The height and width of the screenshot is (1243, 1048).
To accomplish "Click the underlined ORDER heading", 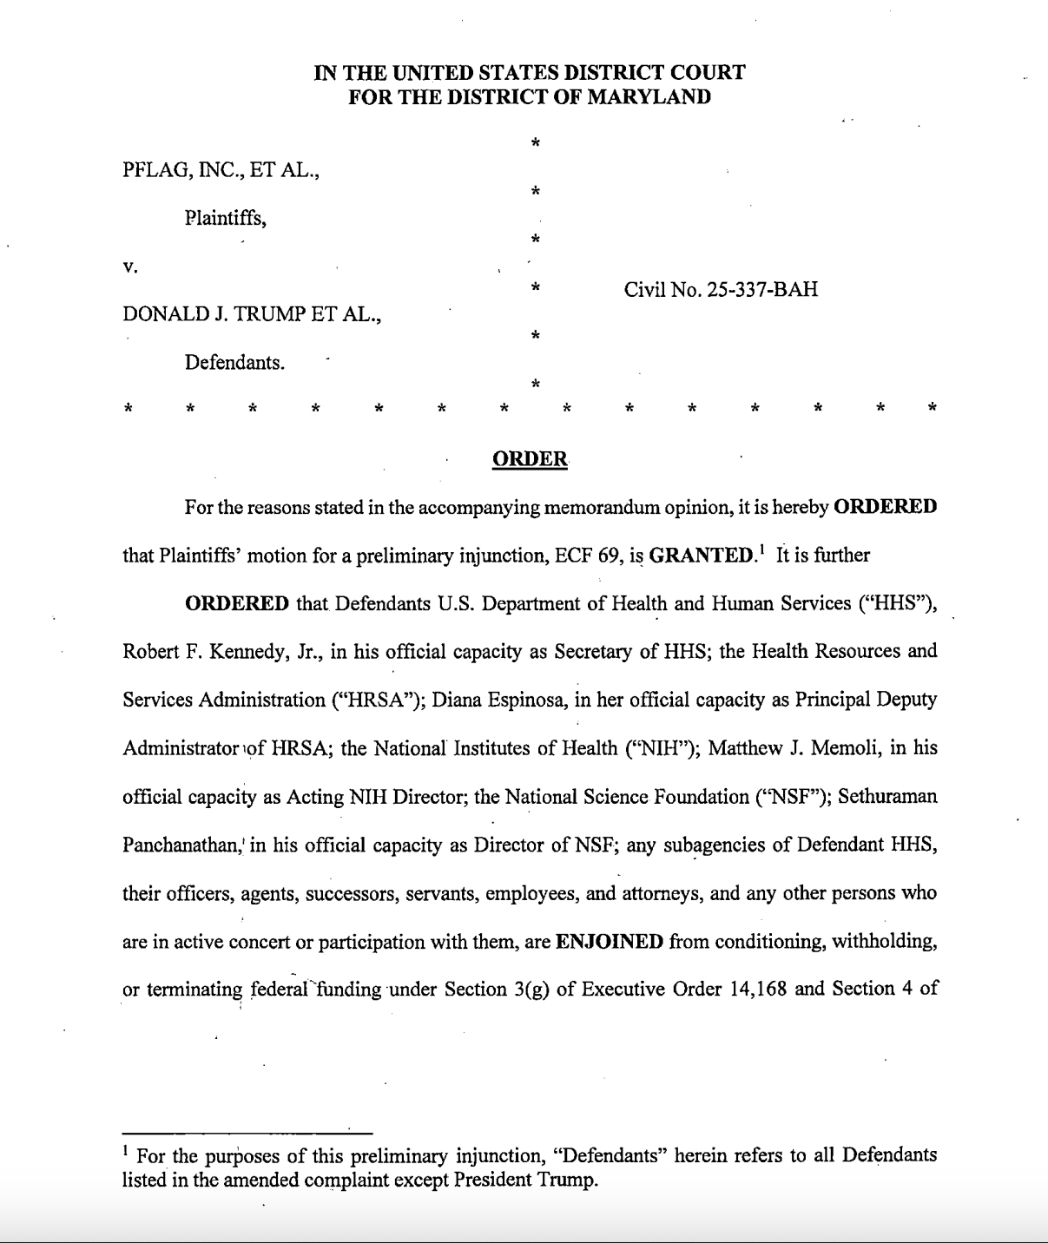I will pyautogui.click(x=530, y=459).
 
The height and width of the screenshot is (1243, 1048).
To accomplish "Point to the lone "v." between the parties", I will pyautogui.click(x=130, y=267).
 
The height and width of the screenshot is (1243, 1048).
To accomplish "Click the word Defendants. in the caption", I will pyautogui.click(x=234, y=363).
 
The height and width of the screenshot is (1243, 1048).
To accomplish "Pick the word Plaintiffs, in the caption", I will pyautogui.click(x=225, y=219).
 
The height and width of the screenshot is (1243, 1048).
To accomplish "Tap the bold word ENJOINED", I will pyautogui.click(x=610, y=942).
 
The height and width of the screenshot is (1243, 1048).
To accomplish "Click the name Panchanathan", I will pyautogui.click(x=183, y=845).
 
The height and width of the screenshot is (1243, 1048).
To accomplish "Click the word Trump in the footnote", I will pyautogui.click(x=569, y=1181).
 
